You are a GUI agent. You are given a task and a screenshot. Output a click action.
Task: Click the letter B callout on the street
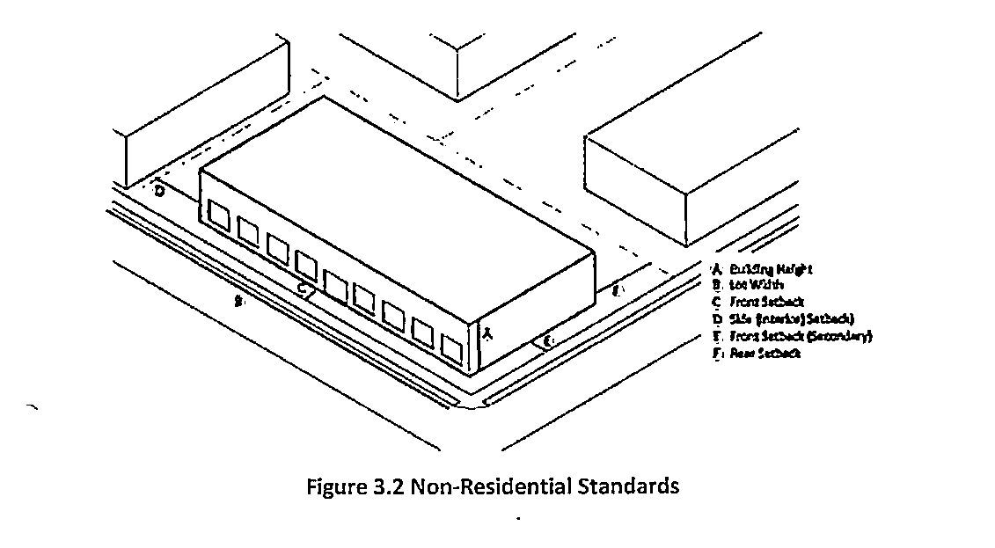coord(238,302)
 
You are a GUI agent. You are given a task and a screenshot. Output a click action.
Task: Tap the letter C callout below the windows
coord(301,288)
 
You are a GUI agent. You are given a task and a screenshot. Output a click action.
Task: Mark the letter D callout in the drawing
coord(159,190)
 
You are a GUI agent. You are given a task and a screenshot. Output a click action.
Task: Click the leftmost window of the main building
coord(218,214)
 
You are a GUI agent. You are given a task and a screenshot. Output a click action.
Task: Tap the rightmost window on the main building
coord(452,347)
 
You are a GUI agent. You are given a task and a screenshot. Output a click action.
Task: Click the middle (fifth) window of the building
coord(335,282)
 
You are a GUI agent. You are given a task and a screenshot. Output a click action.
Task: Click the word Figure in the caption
coord(332,486)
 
